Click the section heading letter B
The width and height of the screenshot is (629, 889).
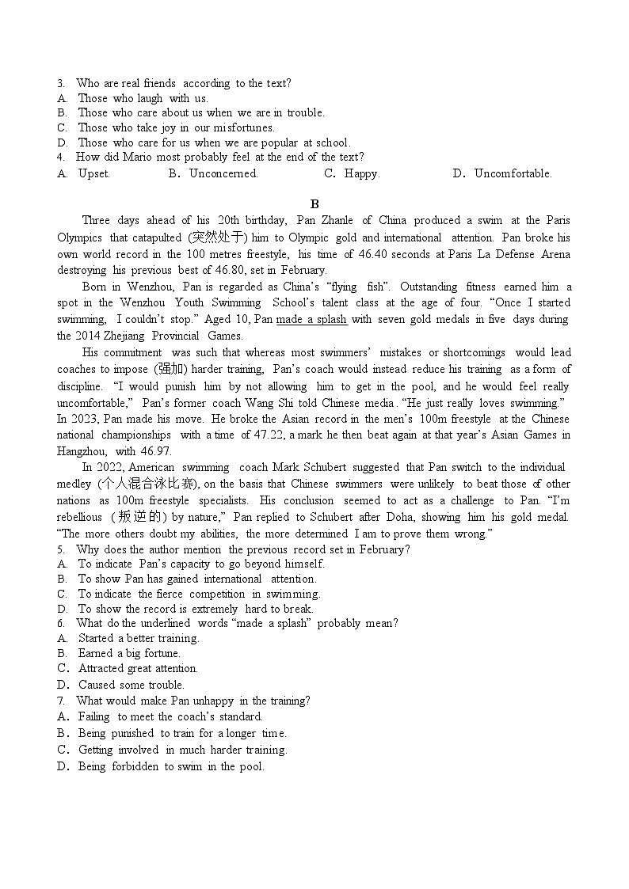[314, 204]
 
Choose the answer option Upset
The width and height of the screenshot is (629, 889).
[93, 173]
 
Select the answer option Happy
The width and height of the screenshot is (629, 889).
[362, 173]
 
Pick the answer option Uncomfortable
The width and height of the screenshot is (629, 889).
[513, 173]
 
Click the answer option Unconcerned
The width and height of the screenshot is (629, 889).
[223, 173]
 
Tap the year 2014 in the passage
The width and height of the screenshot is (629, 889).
[90, 336]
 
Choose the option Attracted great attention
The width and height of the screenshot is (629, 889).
[138, 668]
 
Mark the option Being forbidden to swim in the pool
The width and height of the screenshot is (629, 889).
[171, 766]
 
